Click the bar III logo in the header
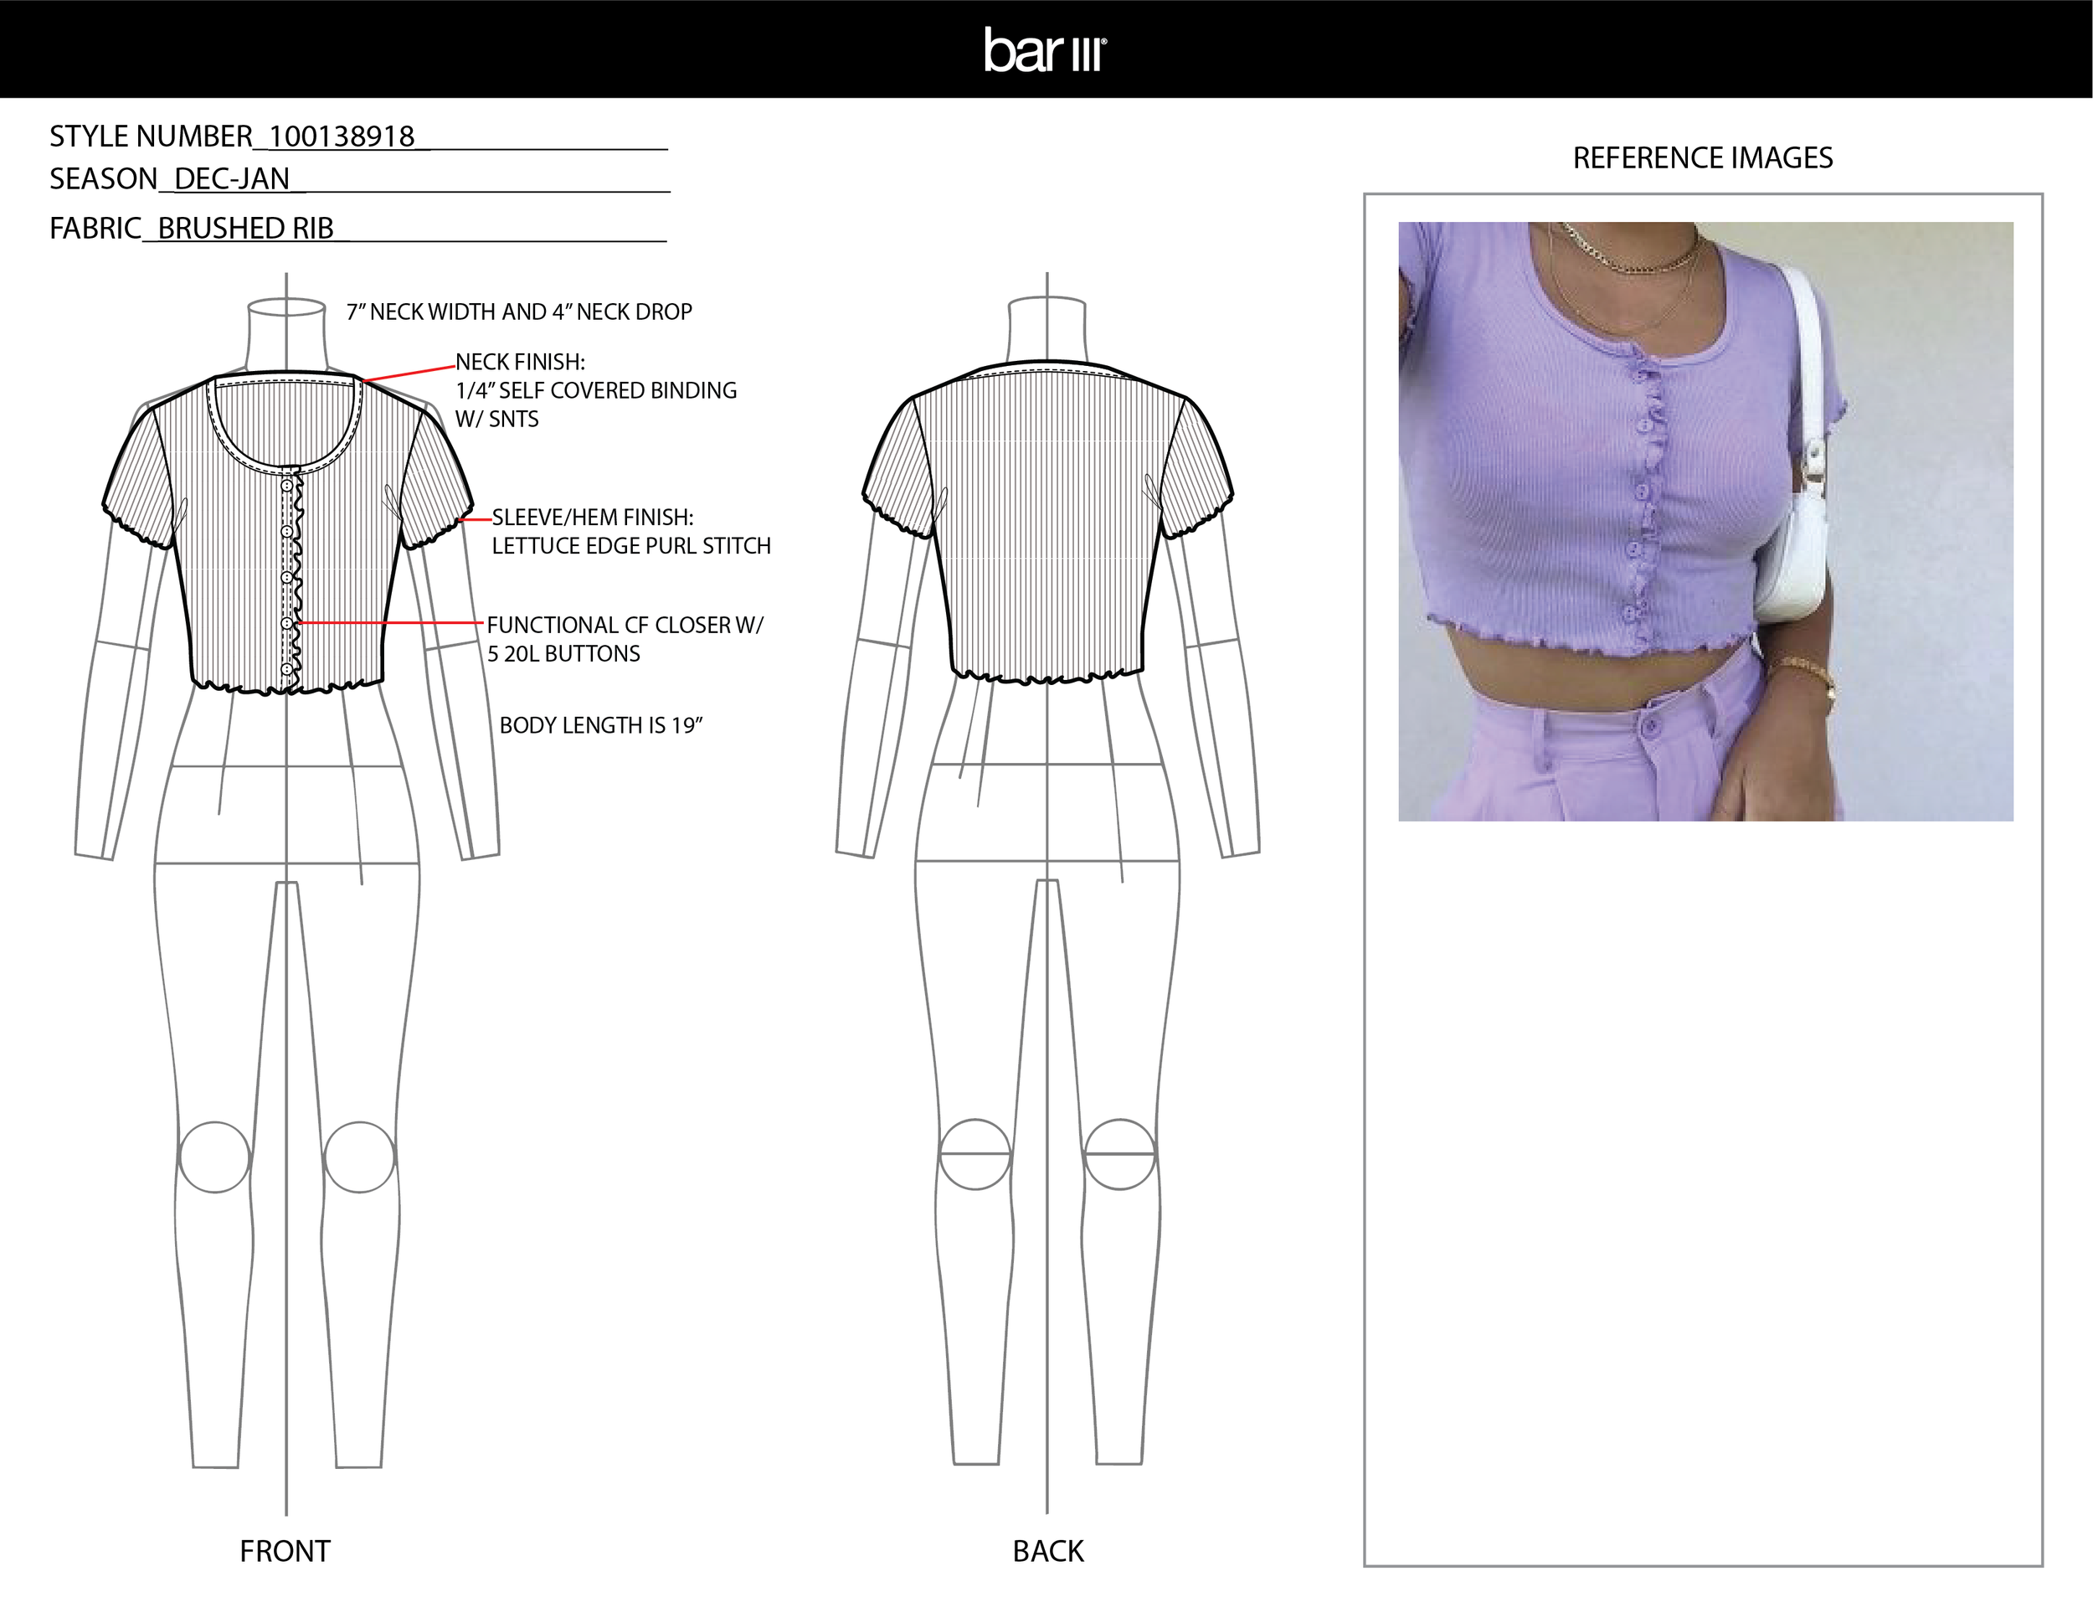click(1046, 50)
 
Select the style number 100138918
click(342, 137)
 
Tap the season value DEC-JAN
click(232, 179)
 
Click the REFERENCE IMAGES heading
click(1702, 158)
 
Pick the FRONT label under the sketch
click(285, 1551)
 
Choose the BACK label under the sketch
click(1047, 1551)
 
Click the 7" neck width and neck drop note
click(518, 312)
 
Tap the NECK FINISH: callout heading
click(519, 363)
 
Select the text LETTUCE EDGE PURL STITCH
click(630, 546)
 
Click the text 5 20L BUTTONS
click(563, 654)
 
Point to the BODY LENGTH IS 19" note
click(601, 725)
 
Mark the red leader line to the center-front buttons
click(388, 623)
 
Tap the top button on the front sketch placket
click(286, 487)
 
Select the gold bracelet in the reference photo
click(1803, 671)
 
